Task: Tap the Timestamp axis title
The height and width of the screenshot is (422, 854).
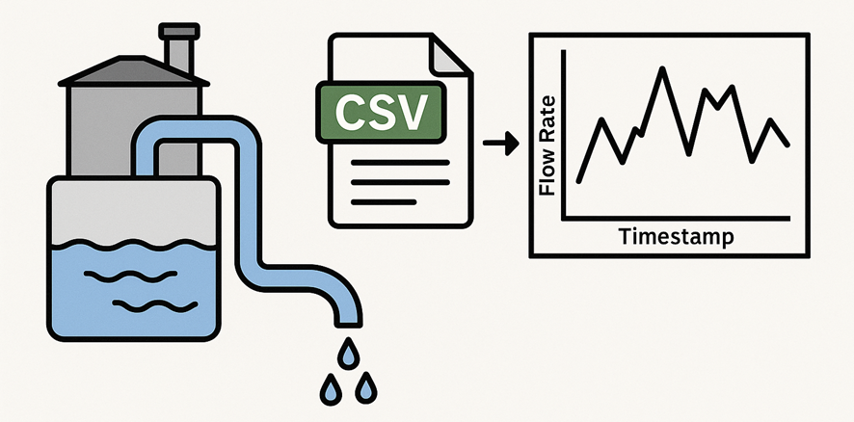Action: pyautogui.click(x=676, y=236)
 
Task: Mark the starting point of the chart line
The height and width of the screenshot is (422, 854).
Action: pyautogui.click(x=578, y=181)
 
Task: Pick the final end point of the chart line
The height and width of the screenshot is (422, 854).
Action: pyautogui.click(x=788, y=145)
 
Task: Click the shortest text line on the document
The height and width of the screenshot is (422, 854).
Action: pyautogui.click(x=383, y=202)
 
